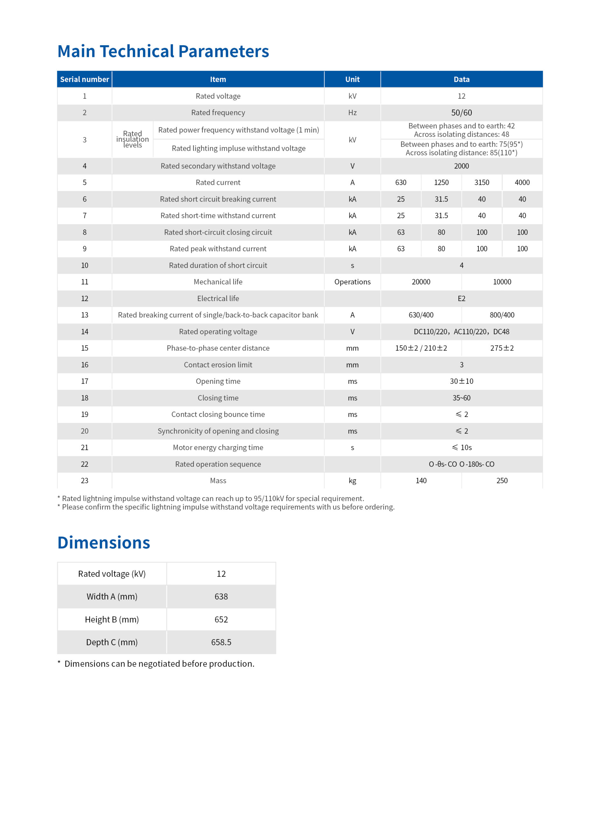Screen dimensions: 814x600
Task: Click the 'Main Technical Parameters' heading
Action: tap(163, 51)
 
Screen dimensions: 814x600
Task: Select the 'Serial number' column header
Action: tap(84, 79)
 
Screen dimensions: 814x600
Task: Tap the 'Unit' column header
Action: tap(352, 79)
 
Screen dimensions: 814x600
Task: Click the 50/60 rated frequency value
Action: tap(461, 113)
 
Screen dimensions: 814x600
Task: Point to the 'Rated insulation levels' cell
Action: tap(132, 139)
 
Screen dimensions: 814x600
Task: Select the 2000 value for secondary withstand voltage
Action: tap(461, 166)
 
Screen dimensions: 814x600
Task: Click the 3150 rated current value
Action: tap(482, 183)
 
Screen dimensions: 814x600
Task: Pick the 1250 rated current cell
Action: tap(441, 183)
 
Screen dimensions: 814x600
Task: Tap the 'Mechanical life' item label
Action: tap(218, 282)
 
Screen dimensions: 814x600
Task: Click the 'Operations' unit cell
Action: tap(352, 282)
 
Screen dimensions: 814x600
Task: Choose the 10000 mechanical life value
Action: tap(502, 282)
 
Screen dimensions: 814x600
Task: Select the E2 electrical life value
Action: tap(461, 299)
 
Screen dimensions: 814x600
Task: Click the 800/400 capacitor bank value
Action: tap(502, 315)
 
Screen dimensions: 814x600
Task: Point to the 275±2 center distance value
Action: tap(502, 348)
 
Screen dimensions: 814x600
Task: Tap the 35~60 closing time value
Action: tap(461, 398)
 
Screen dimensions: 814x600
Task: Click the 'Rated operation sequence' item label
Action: tap(218, 464)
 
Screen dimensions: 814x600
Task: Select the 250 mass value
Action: tap(502, 481)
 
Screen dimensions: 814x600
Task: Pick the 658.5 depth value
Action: tap(221, 642)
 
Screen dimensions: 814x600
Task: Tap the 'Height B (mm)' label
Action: tap(112, 619)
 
